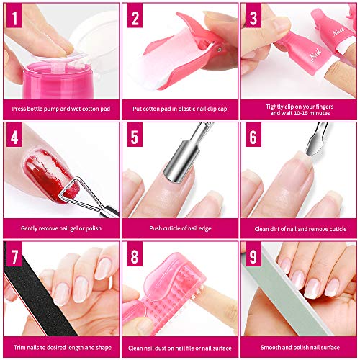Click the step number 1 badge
(14, 15)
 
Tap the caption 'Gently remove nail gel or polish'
(60, 228)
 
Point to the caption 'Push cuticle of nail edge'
(179, 228)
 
